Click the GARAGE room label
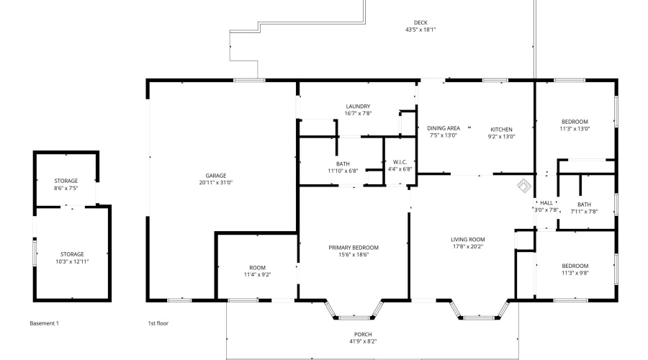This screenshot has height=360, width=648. point(216,176)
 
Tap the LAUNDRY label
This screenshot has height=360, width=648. point(358,107)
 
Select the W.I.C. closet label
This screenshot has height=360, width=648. point(400,162)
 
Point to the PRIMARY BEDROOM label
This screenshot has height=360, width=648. point(354,248)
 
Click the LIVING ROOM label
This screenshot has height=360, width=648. point(468,239)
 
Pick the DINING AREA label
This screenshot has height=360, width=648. point(444,128)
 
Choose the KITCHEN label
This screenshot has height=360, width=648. point(501,130)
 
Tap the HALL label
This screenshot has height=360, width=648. point(546,203)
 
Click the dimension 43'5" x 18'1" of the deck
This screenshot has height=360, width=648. point(420,30)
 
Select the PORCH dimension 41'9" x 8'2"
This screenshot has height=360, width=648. point(363,341)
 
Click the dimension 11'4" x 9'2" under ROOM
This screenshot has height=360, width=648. point(258,274)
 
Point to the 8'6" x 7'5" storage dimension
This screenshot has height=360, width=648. point(66,188)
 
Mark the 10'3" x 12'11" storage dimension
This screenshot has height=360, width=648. point(72,261)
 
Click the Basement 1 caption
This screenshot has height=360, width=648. point(44,323)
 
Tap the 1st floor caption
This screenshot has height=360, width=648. point(158,323)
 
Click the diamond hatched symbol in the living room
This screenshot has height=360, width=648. point(524,186)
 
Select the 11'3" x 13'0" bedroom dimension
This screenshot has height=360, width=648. point(575,129)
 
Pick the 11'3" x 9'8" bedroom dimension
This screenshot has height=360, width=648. point(575,273)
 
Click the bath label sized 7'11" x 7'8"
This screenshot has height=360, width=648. point(584,204)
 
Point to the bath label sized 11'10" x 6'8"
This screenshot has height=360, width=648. point(343,163)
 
